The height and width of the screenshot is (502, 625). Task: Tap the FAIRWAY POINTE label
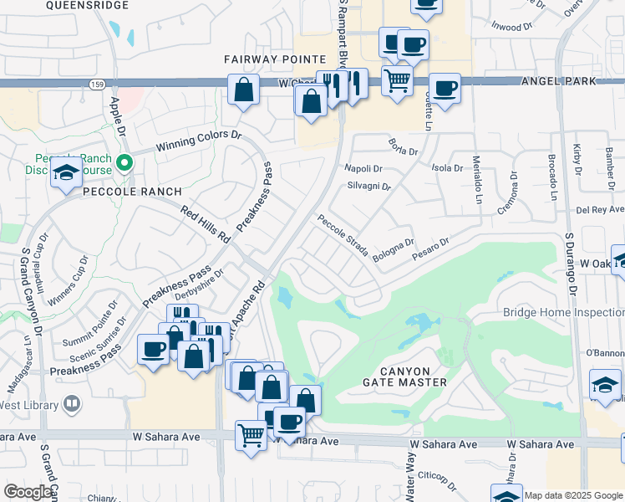(274, 59)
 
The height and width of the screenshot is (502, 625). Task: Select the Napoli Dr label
(362, 168)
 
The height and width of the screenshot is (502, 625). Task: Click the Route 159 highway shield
(97, 85)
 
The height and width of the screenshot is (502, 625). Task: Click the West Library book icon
(73, 406)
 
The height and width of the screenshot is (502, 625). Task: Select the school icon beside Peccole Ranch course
(66, 173)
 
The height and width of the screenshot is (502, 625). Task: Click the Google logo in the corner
(28, 492)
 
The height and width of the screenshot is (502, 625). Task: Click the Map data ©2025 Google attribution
(572, 495)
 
